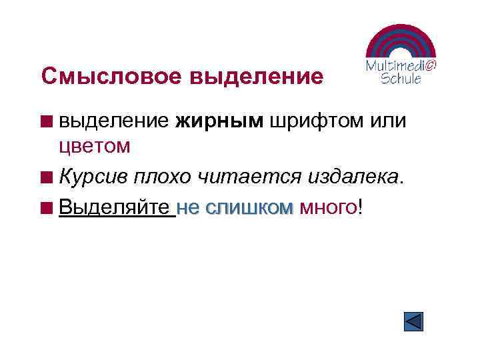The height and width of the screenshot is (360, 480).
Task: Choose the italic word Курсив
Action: click(x=93, y=177)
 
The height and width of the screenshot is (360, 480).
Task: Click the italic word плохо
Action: click(x=163, y=177)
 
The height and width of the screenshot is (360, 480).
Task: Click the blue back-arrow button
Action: click(x=414, y=321)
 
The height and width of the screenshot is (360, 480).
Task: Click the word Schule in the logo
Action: click(x=401, y=78)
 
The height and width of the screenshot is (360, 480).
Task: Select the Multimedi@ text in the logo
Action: click(x=401, y=65)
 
